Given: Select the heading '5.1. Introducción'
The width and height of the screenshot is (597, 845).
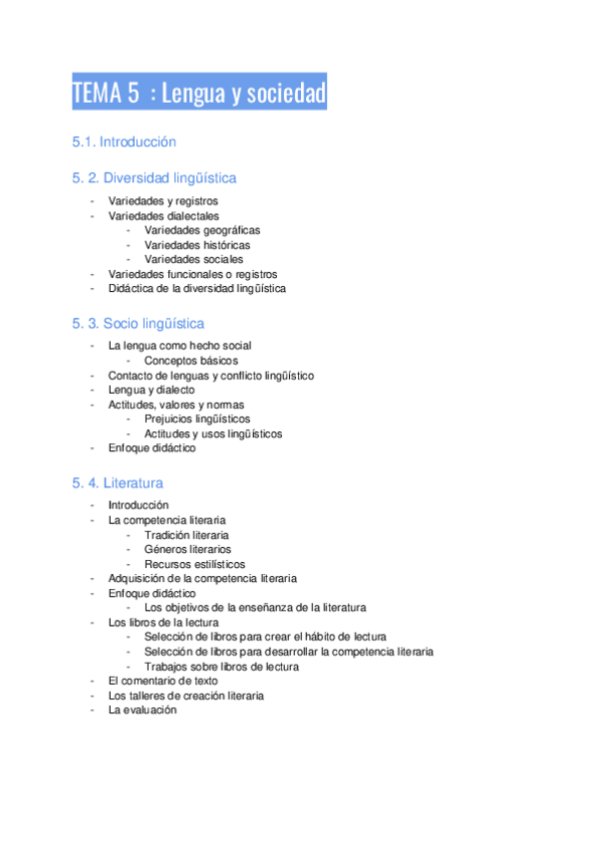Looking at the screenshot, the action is (124, 141).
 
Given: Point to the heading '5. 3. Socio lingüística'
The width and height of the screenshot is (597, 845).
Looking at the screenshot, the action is (138, 324).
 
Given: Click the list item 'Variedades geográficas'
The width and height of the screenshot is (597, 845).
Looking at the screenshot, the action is (194, 230).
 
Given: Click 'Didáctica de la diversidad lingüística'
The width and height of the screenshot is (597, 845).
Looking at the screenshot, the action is (196, 288).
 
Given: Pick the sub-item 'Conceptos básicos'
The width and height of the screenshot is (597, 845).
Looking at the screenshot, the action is (190, 361).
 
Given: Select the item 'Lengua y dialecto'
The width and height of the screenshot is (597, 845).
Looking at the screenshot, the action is (150, 390).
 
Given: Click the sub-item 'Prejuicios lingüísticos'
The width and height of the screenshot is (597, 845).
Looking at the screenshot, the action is (196, 420).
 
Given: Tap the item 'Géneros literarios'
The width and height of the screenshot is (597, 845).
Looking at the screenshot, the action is (186, 549).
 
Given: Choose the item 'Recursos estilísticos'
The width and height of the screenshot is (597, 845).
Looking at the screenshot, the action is (193, 564).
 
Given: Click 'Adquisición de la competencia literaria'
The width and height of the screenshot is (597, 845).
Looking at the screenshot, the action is (202, 578).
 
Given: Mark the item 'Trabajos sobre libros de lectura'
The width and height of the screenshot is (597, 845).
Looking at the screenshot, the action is (220, 667).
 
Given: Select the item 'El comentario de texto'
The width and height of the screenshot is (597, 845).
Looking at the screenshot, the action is (162, 681).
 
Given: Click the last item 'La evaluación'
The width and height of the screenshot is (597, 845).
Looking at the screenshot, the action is (142, 709).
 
